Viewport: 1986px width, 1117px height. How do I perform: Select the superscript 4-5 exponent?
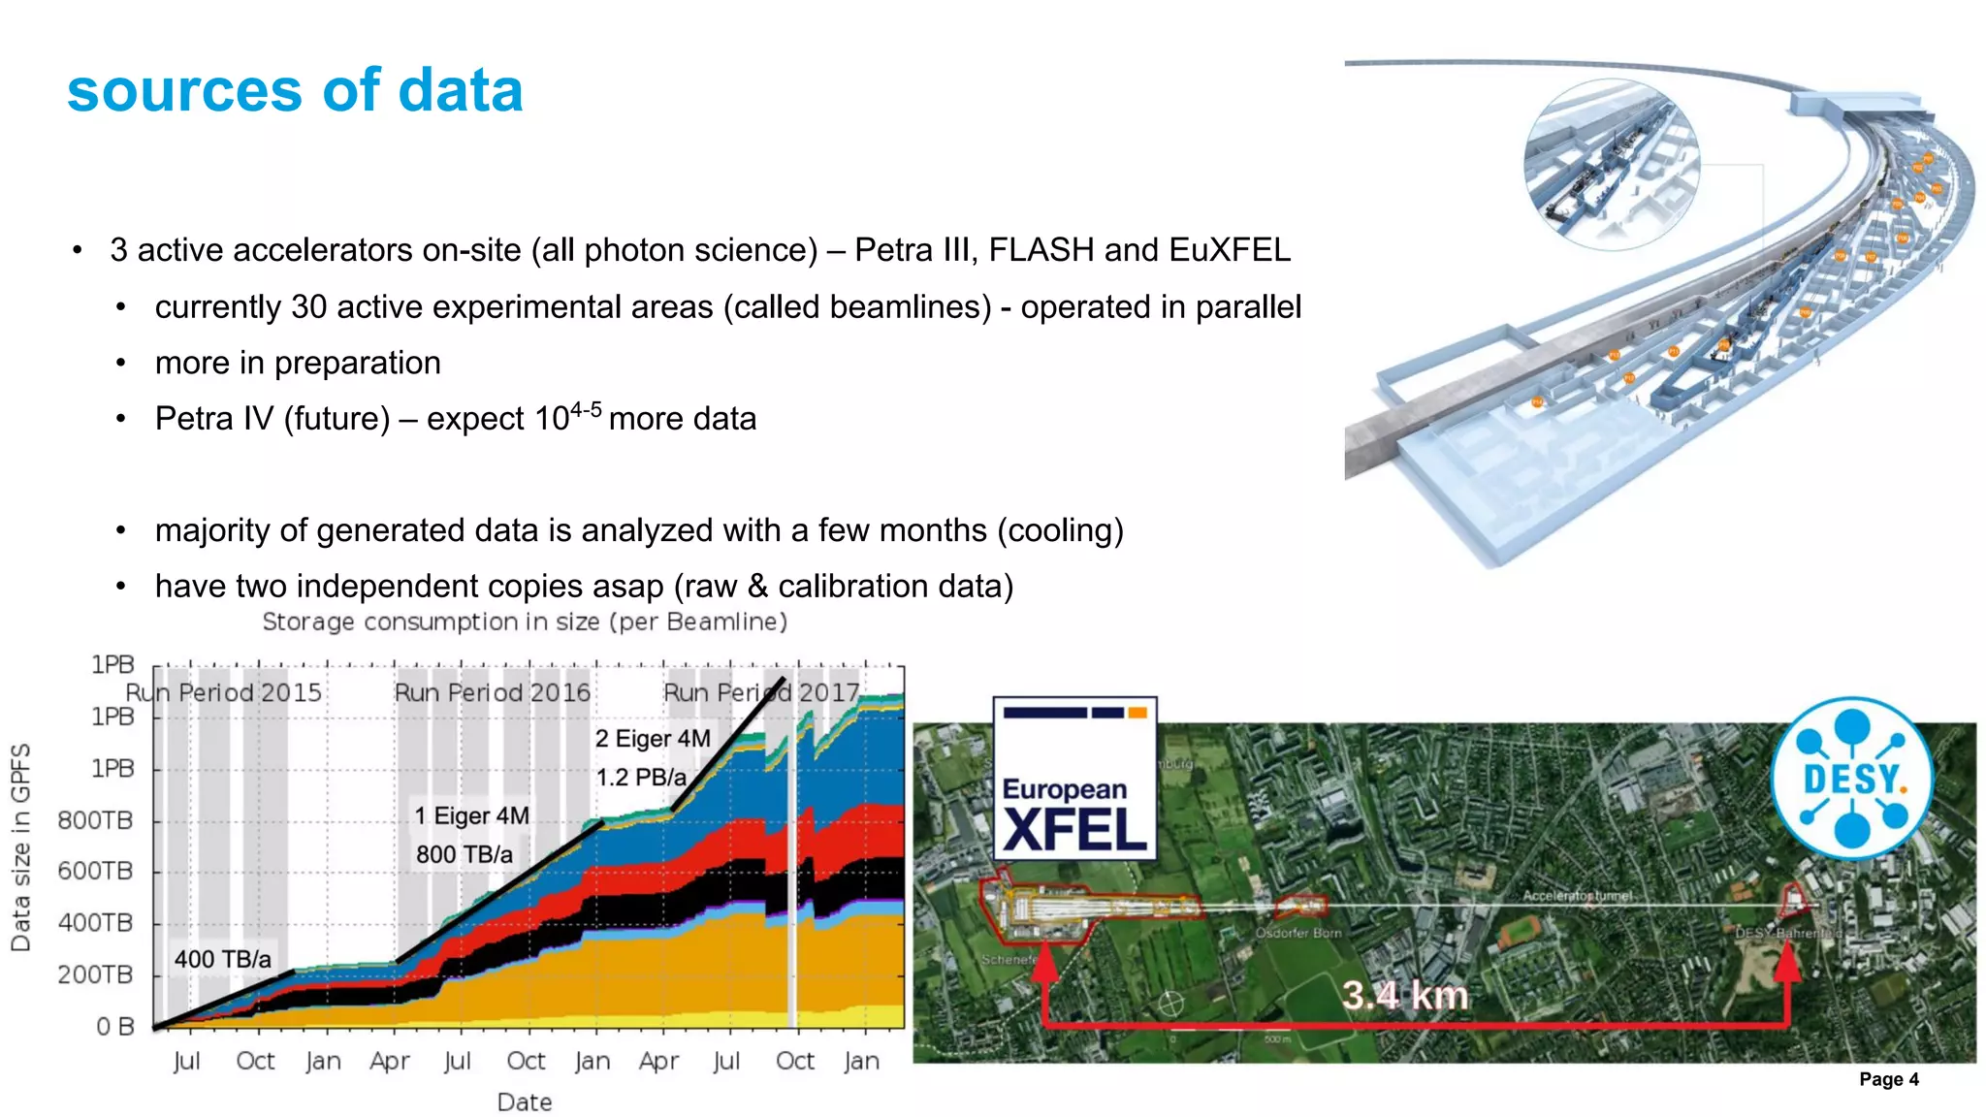click(586, 410)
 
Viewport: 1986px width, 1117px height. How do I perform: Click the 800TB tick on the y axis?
click(95, 820)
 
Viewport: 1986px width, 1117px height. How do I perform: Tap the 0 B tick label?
click(114, 1027)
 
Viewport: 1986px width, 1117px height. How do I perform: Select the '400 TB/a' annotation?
click(223, 959)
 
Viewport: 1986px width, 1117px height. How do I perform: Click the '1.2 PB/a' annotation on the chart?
click(641, 778)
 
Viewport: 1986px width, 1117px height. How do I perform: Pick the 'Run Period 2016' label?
click(492, 692)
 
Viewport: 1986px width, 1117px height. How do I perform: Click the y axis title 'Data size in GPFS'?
click(20, 847)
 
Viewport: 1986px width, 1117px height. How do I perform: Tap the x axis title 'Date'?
click(525, 1102)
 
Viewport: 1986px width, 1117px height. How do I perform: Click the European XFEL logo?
click(1074, 778)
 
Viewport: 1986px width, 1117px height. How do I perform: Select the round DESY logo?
click(1851, 778)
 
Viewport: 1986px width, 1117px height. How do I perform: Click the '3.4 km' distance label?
click(1404, 995)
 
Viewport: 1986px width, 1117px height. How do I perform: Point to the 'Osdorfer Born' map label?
click(1298, 933)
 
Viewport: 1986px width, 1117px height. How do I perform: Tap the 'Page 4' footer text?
click(1888, 1079)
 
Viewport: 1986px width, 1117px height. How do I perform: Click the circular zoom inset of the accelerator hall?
click(1611, 165)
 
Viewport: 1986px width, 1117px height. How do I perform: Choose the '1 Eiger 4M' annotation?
click(472, 815)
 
